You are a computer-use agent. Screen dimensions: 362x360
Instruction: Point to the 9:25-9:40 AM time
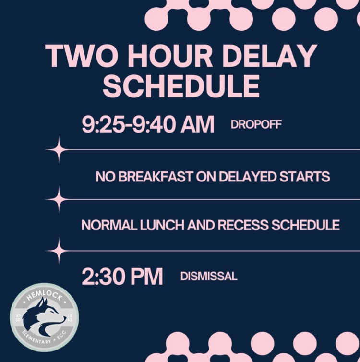(148, 125)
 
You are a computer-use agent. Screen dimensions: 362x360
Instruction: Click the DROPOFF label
(256, 125)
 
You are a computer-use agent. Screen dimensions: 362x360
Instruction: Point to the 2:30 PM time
(122, 277)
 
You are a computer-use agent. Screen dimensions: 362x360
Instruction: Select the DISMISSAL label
(209, 277)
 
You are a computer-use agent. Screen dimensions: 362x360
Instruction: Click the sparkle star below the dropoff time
(57, 150)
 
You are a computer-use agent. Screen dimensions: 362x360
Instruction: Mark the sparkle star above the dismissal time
(57, 250)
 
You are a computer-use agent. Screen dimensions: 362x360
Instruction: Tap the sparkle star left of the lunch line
(57, 199)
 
